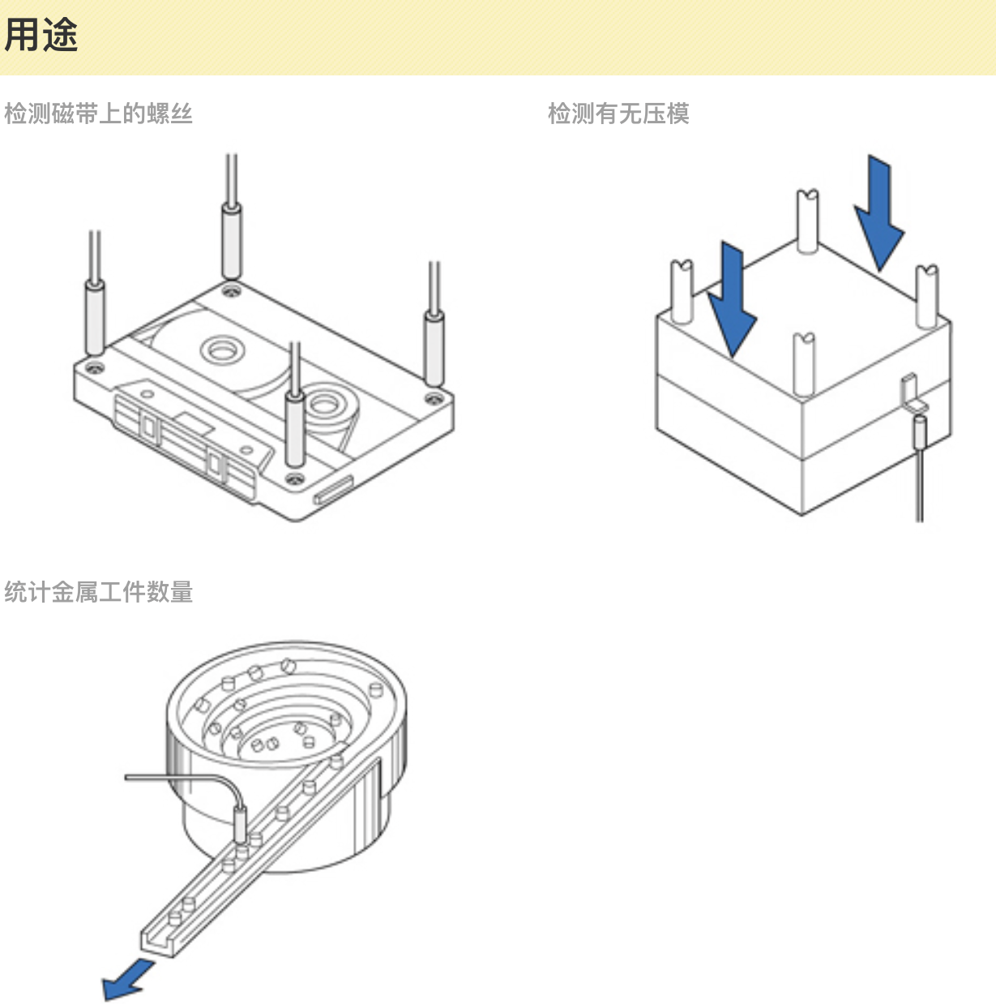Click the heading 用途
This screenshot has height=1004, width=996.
[x=41, y=36]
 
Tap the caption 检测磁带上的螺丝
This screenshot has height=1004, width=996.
[x=98, y=114]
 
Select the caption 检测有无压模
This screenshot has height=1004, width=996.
[x=618, y=114]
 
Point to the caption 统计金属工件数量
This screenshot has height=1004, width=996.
[x=98, y=592]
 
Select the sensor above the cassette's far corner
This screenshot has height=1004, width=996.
[x=232, y=241]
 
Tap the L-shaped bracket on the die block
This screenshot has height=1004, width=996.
[x=911, y=393]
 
